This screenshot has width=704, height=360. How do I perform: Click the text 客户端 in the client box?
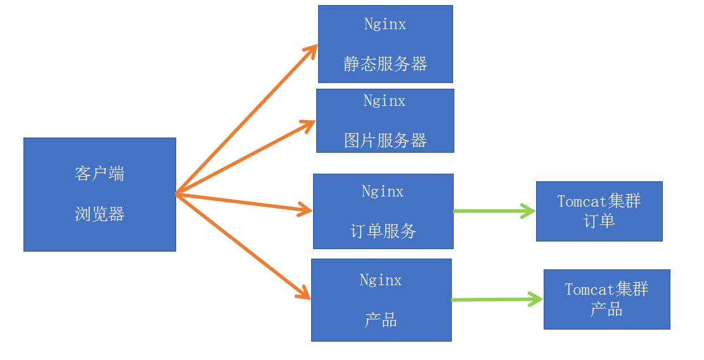click(x=99, y=174)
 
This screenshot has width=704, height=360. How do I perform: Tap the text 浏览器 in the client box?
click(x=99, y=214)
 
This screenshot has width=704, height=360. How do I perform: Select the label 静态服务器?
click(x=385, y=64)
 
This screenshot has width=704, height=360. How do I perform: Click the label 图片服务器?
click(x=385, y=140)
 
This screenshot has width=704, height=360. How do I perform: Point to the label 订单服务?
click(x=383, y=231)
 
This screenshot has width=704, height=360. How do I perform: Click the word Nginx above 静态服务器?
click(x=385, y=24)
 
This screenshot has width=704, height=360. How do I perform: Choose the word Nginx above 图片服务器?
click(x=384, y=101)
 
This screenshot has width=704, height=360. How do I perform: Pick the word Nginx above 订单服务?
click(x=382, y=191)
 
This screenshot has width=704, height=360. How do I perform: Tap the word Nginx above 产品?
click(x=380, y=280)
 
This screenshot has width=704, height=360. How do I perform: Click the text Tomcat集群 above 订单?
click(x=599, y=202)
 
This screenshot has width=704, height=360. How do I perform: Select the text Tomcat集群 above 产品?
click(x=606, y=290)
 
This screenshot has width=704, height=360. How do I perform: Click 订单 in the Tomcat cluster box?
click(x=599, y=221)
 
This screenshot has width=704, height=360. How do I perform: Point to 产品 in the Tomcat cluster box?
click(x=606, y=309)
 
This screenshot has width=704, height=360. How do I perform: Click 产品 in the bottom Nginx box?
click(x=380, y=320)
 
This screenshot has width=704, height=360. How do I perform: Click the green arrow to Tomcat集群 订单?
click(x=494, y=211)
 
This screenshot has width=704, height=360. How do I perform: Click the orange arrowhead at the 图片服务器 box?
click(x=309, y=124)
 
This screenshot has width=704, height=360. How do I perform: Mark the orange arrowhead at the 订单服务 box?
click(x=306, y=210)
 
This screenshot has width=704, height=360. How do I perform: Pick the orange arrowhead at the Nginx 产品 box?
click(x=304, y=293)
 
